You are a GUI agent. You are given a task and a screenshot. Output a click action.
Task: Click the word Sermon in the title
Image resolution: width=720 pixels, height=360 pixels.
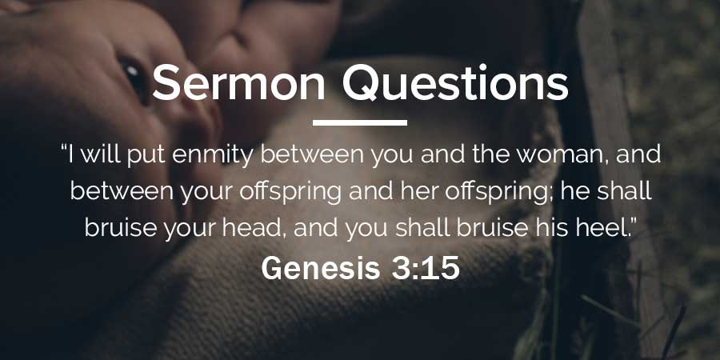coord(238,82)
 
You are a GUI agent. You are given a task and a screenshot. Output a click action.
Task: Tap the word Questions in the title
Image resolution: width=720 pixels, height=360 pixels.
coord(455,83)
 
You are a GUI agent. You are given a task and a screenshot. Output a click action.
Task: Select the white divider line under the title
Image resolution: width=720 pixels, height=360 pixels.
coord(360,122)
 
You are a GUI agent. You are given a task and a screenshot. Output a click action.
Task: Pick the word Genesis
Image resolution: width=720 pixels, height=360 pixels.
coord(321,268)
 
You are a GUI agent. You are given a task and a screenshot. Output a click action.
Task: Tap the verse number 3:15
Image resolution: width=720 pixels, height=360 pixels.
coord(426,268)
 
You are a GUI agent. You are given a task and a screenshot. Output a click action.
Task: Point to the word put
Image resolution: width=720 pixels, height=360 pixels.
coord(146,156)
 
